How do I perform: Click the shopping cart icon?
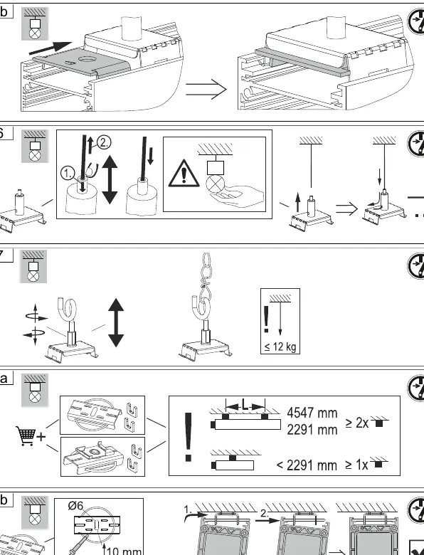[26, 435]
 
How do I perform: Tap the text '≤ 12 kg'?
[280, 347]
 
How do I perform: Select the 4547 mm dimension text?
[312, 413]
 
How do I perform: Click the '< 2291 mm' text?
[307, 465]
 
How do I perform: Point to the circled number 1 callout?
[68, 174]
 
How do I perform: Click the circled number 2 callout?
[104, 142]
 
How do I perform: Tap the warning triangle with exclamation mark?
[184, 174]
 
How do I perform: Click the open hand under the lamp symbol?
[236, 198]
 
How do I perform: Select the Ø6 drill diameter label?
[75, 506]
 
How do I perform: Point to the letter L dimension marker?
[245, 404]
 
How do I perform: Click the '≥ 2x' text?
[356, 423]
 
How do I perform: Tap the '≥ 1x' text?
[356, 465]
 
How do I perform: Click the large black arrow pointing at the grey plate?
[51, 48]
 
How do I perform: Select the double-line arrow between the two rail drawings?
[206, 89]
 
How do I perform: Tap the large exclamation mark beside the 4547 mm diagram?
[189, 437]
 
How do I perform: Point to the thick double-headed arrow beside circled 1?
[110, 180]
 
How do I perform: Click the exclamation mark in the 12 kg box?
[267, 319]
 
